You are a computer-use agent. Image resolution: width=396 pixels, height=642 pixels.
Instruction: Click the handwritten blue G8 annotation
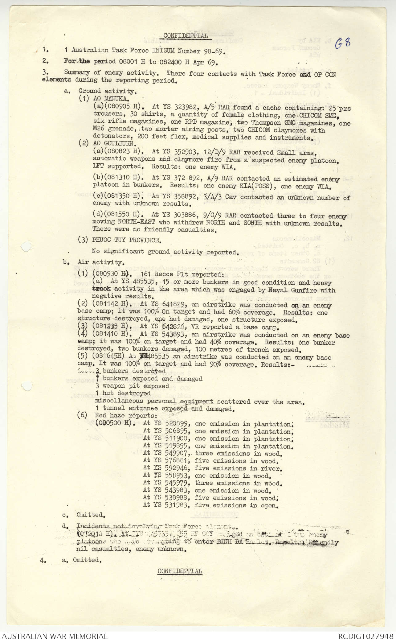tap(343, 43)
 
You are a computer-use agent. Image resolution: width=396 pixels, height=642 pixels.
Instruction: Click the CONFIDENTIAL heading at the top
tap(185, 36)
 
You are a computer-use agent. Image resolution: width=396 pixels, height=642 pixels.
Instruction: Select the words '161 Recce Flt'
tap(164, 274)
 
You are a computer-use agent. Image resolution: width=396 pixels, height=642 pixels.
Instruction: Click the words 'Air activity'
tap(100, 262)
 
